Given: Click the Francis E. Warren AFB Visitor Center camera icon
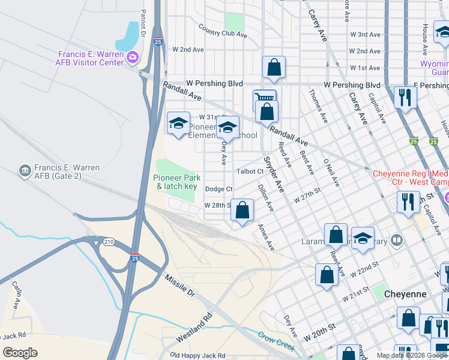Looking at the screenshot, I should click(x=133, y=58).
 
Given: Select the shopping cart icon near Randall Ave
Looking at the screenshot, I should click(x=264, y=99).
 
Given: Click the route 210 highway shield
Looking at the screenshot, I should click(x=109, y=242).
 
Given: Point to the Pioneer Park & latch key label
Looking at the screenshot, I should click(x=175, y=182).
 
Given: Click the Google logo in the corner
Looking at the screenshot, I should click(x=20, y=353).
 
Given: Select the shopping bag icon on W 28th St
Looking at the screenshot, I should click(x=243, y=211).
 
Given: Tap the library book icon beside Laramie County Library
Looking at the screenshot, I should click(x=396, y=241).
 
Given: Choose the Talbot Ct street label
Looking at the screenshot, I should click(x=250, y=172).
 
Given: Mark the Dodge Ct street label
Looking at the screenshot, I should click(x=218, y=188).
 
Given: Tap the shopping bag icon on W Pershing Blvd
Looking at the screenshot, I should click(x=274, y=68).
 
